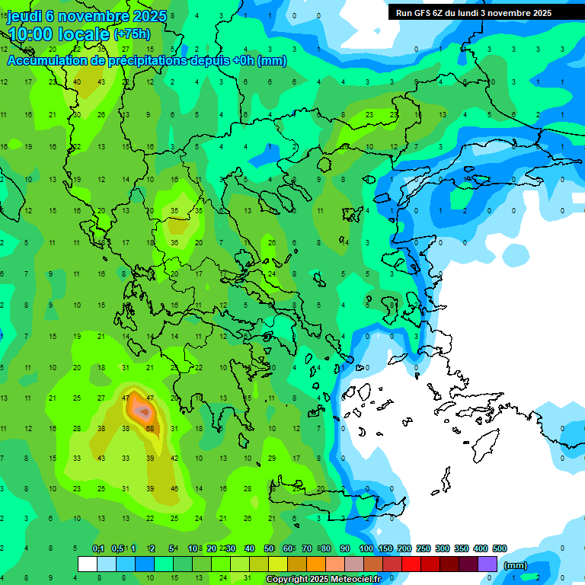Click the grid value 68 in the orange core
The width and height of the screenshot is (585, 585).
[150, 428]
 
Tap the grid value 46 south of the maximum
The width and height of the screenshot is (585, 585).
[174, 488]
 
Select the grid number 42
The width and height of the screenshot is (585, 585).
[174, 458]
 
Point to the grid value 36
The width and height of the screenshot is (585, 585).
[174, 243]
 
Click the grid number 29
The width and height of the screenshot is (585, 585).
[273, 458]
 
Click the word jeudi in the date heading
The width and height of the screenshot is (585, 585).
[24, 16]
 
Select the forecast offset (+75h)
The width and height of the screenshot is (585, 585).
[132, 34]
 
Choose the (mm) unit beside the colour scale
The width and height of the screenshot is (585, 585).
[516, 565]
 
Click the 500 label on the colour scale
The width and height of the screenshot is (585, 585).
[499, 548]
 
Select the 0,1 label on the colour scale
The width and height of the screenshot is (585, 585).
[98, 548]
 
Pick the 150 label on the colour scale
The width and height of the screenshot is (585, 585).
[385, 548]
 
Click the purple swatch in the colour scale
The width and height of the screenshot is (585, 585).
[487, 564]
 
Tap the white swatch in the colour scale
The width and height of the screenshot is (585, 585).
[88, 564]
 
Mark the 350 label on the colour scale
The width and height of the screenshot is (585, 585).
[462, 548]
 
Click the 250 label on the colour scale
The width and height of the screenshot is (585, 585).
[424, 548]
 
